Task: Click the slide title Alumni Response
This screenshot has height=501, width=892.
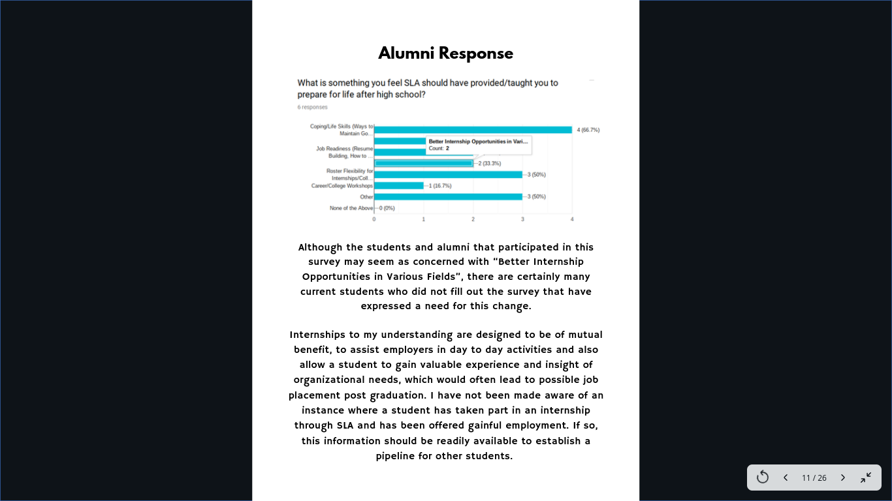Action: tap(445, 53)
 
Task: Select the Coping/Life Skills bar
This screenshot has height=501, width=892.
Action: tap(473, 130)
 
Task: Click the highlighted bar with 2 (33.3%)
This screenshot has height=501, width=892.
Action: tap(423, 163)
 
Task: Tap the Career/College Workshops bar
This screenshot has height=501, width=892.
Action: tap(398, 186)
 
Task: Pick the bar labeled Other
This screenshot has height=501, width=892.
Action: tap(448, 196)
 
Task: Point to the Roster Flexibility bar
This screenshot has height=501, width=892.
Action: tap(448, 174)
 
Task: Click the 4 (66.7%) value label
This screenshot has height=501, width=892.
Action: tap(588, 130)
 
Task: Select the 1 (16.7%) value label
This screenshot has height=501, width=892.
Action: tap(440, 186)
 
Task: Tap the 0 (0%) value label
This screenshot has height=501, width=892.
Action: tap(387, 208)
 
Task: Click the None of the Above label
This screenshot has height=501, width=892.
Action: tap(351, 208)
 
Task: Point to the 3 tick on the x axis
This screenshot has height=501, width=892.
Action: tap(522, 219)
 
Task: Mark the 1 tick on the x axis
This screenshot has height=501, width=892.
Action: tap(423, 219)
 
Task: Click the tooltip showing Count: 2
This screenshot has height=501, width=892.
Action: tap(478, 145)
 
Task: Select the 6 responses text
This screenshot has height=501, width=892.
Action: tap(313, 107)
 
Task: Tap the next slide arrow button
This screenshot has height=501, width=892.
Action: tap(842, 478)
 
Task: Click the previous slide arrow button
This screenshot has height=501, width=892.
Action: tap(786, 478)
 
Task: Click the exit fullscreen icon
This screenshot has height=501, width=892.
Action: tap(866, 478)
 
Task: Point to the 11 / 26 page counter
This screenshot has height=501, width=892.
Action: tap(814, 478)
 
